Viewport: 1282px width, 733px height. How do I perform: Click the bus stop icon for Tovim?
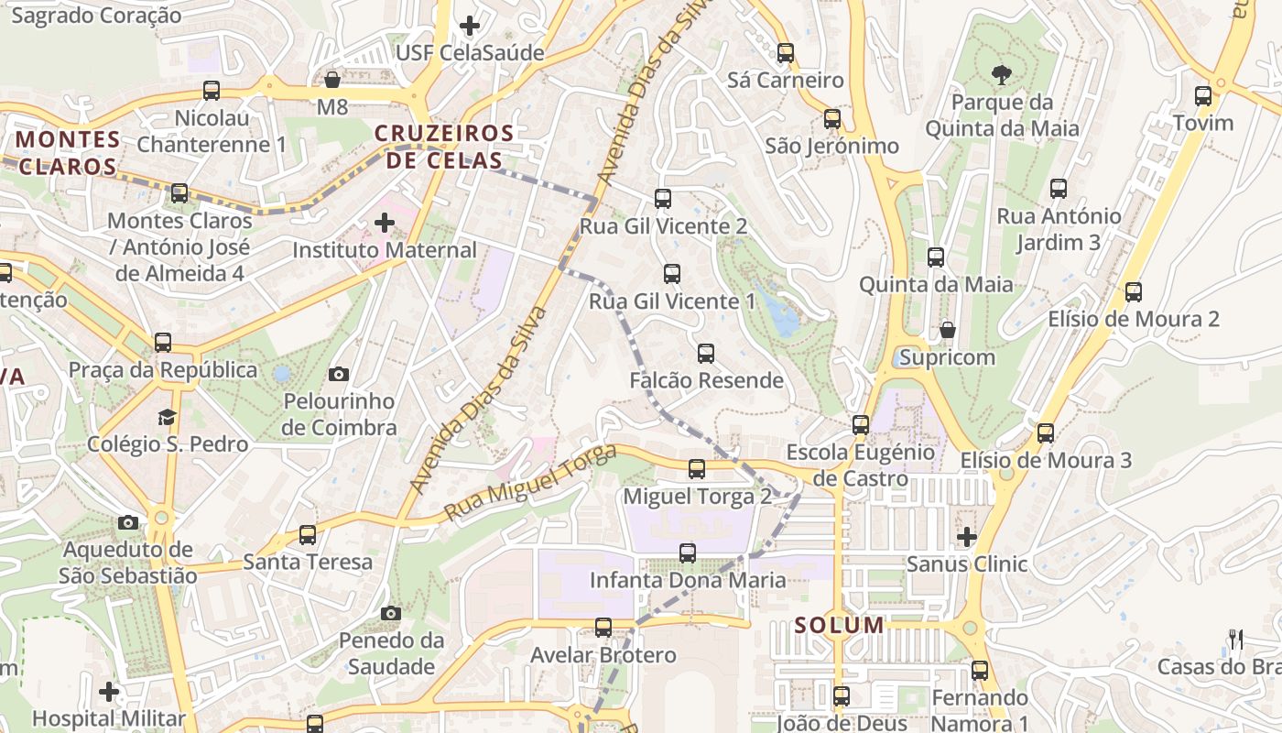point(1203,96)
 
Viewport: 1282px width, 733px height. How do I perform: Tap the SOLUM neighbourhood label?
point(840,626)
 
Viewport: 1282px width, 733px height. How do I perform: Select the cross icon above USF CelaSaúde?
point(470,26)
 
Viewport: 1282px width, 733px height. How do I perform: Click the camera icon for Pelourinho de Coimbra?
point(339,374)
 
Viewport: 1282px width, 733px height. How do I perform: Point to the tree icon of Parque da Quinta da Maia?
point(1001,74)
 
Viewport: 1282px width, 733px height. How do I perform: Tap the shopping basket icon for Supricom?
point(947,330)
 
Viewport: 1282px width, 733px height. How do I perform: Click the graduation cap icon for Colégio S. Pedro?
point(167,417)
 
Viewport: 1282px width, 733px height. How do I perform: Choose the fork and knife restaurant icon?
point(1236,639)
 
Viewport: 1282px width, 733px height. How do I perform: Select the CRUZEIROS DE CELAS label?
point(444,148)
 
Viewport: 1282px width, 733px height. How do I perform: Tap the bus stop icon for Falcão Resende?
point(706,354)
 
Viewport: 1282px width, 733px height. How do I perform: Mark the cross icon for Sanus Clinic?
point(967,536)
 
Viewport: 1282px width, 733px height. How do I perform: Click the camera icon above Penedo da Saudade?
point(391,613)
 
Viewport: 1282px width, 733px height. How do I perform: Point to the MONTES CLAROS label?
point(68,153)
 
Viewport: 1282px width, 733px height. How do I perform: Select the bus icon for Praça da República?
point(163,343)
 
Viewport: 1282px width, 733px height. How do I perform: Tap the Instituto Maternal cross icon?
point(385,223)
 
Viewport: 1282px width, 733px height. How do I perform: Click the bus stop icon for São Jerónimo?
point(832,119)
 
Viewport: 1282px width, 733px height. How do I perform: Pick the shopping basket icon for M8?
point(332,81)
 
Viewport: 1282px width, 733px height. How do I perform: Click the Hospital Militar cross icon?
point(109,691)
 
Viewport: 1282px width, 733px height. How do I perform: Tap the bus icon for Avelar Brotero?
point(603,628)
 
